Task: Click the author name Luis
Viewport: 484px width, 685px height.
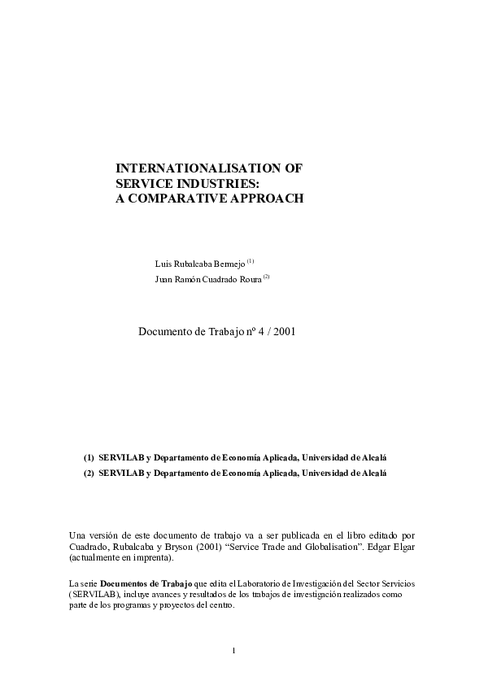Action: coord(163,264)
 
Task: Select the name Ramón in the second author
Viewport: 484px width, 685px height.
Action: coord(191,280)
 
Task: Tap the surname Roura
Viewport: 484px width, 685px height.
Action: coord(248,280)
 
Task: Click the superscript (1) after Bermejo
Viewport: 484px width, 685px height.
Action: coord(251,261)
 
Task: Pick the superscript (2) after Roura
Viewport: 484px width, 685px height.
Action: coord(266,277)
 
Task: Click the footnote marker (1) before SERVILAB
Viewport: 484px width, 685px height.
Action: coord(89,457)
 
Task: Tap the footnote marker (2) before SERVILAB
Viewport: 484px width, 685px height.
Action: coord(89,473)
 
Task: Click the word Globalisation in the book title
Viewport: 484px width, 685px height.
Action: coord(317,547)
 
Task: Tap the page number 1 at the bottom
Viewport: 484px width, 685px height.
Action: coord(233,650)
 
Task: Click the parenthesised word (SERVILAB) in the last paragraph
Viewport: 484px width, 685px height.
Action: coord(92,596)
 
